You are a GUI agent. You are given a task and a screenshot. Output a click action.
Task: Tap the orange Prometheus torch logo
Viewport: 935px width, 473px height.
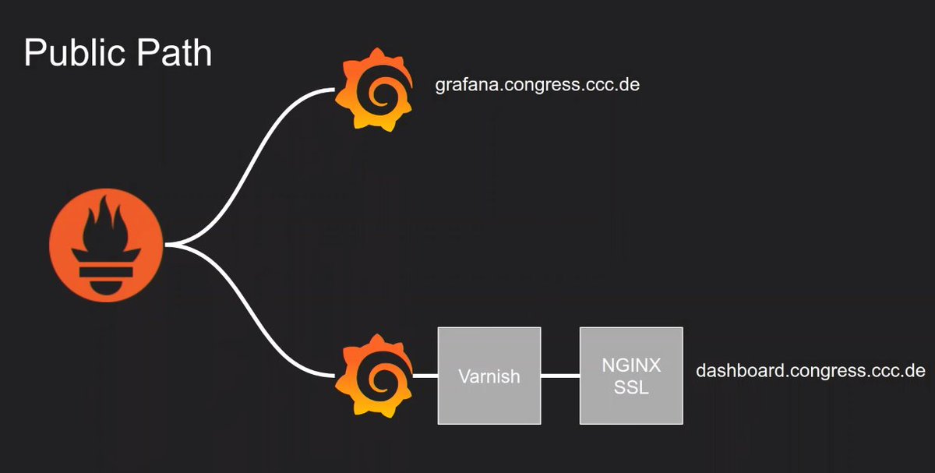click(107, 245)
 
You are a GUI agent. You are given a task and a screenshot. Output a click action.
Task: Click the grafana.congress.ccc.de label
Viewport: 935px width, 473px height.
click(537, 84)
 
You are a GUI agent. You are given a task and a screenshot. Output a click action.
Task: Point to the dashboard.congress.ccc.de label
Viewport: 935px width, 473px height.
click(810, 370)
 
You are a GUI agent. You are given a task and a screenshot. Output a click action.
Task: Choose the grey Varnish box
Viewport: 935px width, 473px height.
click(489, 376)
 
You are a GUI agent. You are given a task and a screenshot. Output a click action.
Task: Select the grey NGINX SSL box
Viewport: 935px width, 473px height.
click(631, 376)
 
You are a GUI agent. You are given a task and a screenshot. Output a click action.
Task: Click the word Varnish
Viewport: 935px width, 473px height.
click(489, 376)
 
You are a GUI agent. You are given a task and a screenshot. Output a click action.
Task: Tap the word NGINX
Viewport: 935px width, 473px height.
click(631, 365)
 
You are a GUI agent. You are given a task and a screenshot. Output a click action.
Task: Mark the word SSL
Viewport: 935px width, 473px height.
click(631, 387)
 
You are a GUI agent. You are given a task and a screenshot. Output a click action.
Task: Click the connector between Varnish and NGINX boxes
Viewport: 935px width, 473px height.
click(560, 376)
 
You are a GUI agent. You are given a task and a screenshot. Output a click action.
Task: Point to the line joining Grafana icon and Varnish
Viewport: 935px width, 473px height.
click(425, 376)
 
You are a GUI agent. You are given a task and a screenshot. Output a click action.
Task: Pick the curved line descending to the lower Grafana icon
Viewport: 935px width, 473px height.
click(249, 319)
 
